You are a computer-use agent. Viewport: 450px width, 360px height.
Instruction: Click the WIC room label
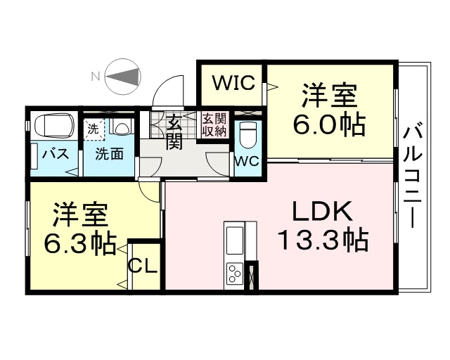(233, 83)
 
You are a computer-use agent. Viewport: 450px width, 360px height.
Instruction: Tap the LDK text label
(322, 212)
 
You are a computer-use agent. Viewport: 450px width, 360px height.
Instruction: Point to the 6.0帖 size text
(329, 125)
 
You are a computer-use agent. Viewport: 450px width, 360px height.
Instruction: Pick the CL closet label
(143, 266)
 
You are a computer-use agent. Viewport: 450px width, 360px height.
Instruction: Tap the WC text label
(247, 161)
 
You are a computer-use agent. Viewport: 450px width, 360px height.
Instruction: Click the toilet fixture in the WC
(246, 136)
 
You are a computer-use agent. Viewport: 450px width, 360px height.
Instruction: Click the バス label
(56, 155)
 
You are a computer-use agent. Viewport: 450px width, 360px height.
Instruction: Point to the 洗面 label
(110, 154)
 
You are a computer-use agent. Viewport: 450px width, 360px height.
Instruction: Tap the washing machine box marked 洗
(94, 129)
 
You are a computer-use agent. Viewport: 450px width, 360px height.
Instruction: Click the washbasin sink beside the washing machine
(122, 127)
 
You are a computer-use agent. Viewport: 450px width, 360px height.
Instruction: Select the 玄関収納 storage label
(214, 125)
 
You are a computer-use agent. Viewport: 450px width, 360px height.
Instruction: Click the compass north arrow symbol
(124, 77)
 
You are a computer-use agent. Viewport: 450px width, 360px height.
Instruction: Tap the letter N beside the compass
(95, 77)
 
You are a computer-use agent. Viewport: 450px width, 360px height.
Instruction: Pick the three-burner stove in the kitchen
(234, 273)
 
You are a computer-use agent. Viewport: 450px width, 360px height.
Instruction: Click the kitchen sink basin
(235, 240)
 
